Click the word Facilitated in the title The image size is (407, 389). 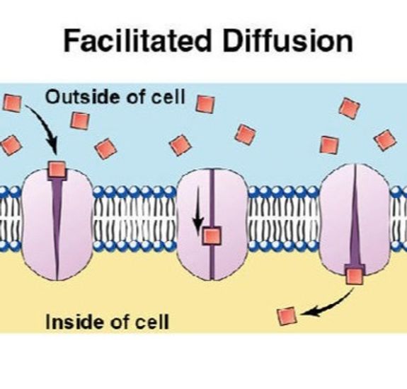click(x=137, y=40)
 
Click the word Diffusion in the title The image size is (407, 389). click(x=287, y=40)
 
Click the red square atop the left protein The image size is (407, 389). click(x=57, y=170)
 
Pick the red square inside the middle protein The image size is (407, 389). click(x=212, y=236)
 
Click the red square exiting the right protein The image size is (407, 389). click(x=355, y=277)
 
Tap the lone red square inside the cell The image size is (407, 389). click(x=287, y=315)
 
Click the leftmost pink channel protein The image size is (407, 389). click(x=57, y=224)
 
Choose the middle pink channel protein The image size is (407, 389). click(x=212, y=224)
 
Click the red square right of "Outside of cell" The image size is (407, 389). click(x=205, y=103)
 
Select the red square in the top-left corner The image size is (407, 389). click(x=12, y=103)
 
